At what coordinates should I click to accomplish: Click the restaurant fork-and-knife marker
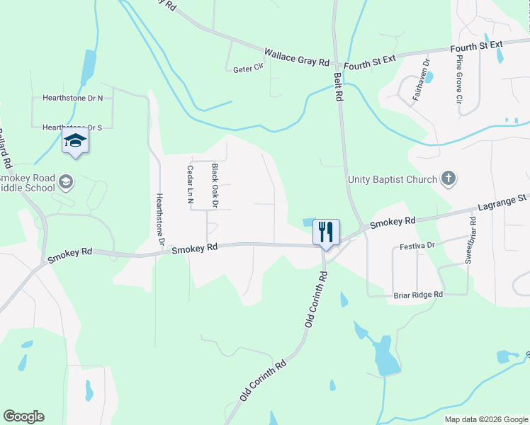click(x=326, y=232)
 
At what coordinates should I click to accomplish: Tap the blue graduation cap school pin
click(x=75, y=140)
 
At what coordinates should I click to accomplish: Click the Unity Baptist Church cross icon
click(x=448, y=178)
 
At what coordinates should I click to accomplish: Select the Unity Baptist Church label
click(x=393, y=179)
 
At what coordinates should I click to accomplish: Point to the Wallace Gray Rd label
click(x=298, y=57)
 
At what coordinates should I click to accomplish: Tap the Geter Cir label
click(x=248, y=69)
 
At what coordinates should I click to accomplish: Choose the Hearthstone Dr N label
click(x=72, y=98)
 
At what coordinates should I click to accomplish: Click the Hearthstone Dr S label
click(x=72, y=127)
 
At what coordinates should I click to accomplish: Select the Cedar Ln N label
click(x=190, y=185)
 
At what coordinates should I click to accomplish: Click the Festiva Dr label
click(x=416, y=244)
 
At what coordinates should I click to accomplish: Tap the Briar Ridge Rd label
click(x=417, y=294)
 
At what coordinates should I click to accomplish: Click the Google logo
click(x=23, y=416)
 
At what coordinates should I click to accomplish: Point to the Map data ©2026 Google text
click(x=486, y=419)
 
